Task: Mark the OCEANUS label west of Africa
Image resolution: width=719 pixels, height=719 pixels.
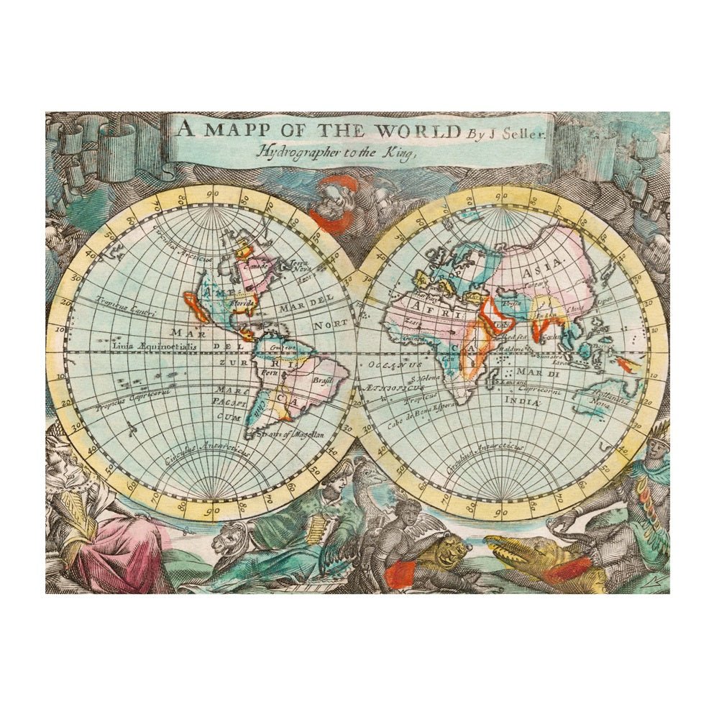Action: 389,365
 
